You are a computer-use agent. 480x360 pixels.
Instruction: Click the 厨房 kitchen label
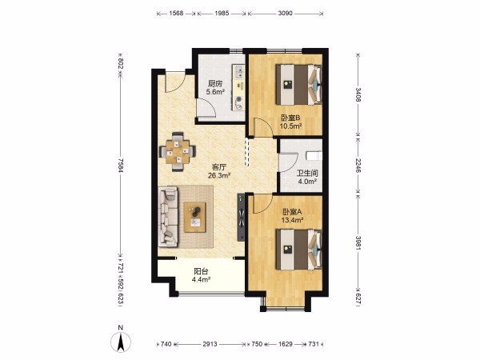[x=215, y=83]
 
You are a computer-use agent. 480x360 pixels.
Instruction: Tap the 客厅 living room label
[x=219, y=167]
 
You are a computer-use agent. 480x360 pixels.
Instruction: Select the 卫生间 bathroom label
[x=307, y=174]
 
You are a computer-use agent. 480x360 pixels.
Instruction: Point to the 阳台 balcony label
[x=201, y=271]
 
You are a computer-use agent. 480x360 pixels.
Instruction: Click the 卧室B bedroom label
[x=290, y=118]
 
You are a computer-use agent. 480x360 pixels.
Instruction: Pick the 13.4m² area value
[x=292, y=219]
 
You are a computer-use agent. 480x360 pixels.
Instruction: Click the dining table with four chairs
[x=178, y=151]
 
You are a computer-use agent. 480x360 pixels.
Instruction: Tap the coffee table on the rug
[x=194, y=218]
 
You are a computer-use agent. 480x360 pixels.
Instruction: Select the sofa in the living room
[x=168, y=217]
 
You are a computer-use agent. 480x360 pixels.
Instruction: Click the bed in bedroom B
[x=298, y=85]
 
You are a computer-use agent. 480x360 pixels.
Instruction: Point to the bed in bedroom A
[x=298, y=250]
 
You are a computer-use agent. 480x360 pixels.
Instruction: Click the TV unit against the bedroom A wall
[x=241, y=218]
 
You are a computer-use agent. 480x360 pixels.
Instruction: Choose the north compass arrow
[x=121, y=342]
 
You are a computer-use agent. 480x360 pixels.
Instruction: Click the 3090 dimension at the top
[x=286, y=14]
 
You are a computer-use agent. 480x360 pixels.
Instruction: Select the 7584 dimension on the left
[x=120, y=165]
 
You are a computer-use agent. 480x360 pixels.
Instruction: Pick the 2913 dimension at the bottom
[x=210, y=344]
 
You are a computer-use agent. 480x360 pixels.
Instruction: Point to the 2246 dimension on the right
[x=358, y=165]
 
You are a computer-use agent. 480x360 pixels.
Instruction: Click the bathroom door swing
[x=289, y=162]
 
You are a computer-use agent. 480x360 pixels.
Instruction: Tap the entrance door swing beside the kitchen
[x=175, y=82]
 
